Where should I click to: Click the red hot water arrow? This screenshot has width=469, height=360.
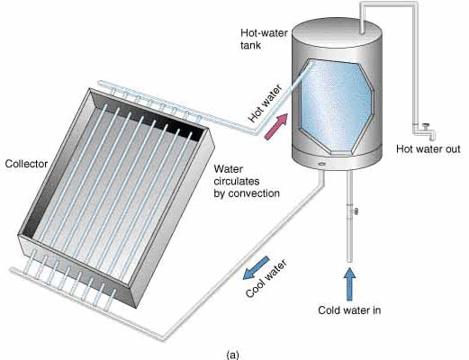276,127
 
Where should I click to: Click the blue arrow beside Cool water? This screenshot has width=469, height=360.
256,268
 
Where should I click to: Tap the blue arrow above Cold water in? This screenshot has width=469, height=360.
349,284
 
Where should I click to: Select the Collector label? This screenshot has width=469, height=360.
26,164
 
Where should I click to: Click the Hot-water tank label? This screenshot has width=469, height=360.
264,39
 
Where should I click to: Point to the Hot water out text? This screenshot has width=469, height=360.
428,149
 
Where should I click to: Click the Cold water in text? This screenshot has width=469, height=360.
349,310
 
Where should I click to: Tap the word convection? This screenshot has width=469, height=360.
254,193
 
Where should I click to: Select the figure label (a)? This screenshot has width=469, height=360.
233,355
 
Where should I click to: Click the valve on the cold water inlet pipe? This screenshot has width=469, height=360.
355,211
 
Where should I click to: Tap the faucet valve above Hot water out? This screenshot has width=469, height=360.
425,127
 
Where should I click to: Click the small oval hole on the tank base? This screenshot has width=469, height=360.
321,164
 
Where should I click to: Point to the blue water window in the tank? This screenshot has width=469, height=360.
337,105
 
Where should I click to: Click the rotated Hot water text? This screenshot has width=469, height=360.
266,103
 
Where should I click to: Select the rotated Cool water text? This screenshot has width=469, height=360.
266,278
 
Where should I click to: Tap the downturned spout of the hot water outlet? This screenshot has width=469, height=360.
432,135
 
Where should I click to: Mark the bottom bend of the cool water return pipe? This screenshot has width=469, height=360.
163,338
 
